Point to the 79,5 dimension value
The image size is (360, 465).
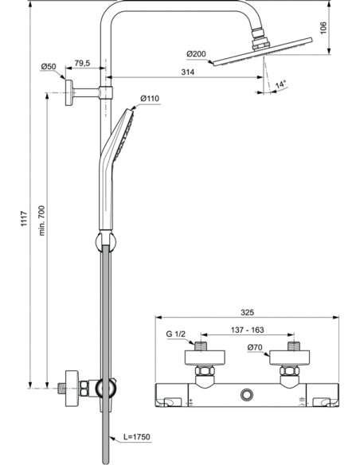tap(81, 63)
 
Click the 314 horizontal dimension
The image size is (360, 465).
tap(188, 72)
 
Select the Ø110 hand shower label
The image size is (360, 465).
tap(149, 98)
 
